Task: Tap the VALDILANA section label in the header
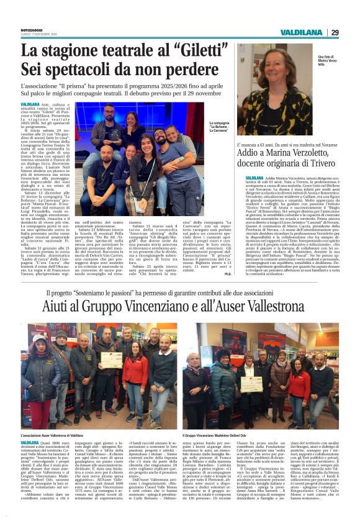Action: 319,32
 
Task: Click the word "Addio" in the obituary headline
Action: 254,152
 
